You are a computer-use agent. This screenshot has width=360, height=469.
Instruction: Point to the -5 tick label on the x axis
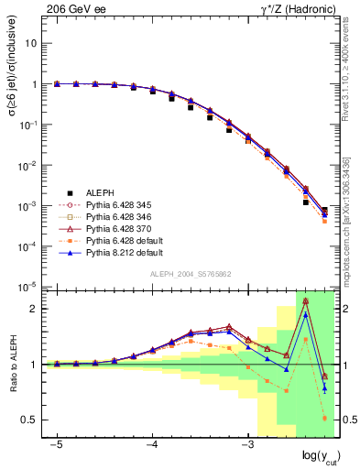(x=57, y=443)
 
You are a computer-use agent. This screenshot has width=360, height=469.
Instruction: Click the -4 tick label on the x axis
(x=152, y=443)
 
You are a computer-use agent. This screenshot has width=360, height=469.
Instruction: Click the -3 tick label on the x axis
(x=246, y=443)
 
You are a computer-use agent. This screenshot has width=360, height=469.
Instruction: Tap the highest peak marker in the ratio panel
(x=305, y=300)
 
